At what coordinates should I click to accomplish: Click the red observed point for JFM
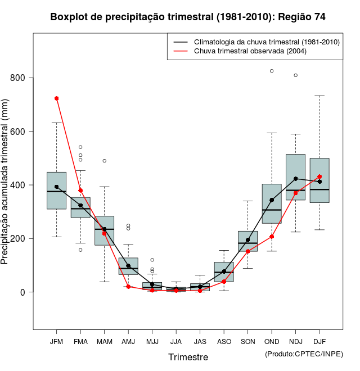tap(56, 98)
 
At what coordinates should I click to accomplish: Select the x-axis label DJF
tap(319, 341)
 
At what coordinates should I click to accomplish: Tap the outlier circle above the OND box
tap(272, 71)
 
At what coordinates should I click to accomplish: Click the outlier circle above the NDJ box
tap(295, 75)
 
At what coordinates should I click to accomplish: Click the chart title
tap(187, 17)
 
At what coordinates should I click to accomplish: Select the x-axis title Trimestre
tap(188, 357)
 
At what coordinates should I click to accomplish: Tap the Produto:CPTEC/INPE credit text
tap(304, 354)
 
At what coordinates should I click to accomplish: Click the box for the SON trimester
tap(247, 241)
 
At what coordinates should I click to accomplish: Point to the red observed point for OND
tap(272, 237)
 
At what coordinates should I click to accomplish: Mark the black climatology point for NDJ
tap(295, 179)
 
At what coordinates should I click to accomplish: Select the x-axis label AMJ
tap(128, 341)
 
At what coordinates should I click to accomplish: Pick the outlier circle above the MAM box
tap(104, 161)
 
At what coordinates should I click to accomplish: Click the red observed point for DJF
tap(319, 177)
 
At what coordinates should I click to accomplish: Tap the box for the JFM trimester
tap(56, 191)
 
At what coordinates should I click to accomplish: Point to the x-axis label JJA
tap(176, 341)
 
